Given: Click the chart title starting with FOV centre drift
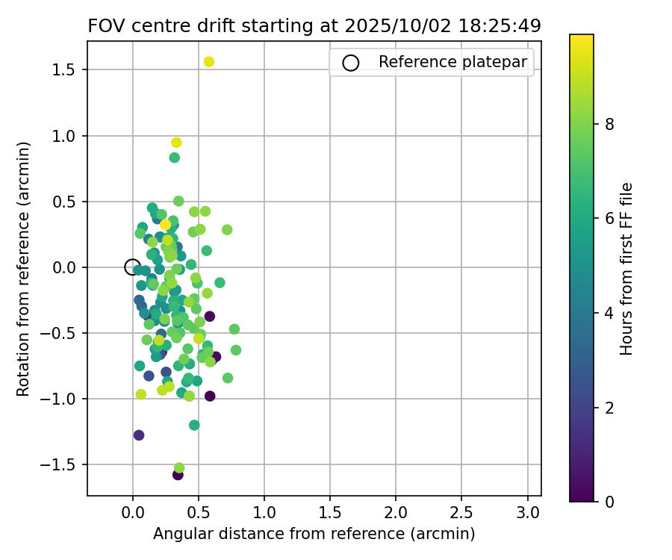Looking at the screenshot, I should click(314, 25).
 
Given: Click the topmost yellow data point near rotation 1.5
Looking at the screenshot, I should click(209, 61).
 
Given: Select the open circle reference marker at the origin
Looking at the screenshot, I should click(132, 267).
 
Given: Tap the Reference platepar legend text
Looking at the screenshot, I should click(452, 62).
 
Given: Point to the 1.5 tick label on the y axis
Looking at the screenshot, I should click(67, 70).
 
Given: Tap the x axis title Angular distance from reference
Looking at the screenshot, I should click(314, 534).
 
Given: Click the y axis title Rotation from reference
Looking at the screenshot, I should click(24, 268).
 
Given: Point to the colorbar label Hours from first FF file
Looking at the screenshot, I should click(626, 268).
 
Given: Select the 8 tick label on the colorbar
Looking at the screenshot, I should click(609, 124).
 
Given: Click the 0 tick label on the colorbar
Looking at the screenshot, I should click(609, 502).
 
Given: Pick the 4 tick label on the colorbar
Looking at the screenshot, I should click(609, 313).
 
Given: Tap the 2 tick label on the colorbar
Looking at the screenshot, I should click(609, 407).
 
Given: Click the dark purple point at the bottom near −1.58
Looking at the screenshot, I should click(178, 474).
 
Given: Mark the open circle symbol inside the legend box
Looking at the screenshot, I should click(351, 63).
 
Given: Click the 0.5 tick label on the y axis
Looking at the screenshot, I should click(67, 202).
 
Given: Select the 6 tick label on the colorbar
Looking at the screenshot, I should click(609, 218).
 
